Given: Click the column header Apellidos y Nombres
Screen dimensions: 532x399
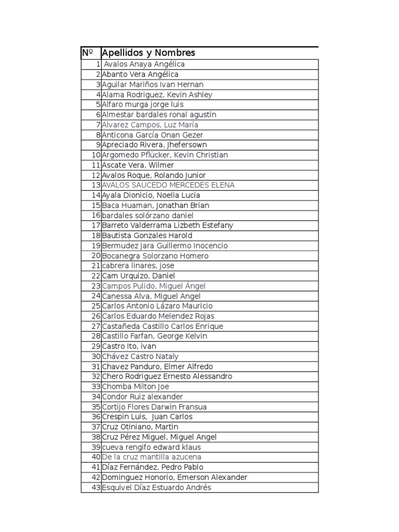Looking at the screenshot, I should coord(149,53).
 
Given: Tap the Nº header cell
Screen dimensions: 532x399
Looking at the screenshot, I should coord(87,53).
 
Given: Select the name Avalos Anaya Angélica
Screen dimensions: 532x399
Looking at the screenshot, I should coord(144,64).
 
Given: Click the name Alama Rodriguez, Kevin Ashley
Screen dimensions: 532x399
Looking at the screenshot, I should coord(157,95).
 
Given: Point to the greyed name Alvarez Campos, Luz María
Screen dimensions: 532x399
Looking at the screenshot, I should coord(150,125).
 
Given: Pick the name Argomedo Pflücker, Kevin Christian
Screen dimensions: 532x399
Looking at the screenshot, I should coord(165,155).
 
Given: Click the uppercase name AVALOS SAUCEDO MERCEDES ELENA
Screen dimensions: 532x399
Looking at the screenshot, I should coord(168,185).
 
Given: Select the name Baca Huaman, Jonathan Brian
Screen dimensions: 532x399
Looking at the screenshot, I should coord(155,205).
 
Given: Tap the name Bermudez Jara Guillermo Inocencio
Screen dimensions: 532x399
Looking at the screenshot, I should coord(165,246).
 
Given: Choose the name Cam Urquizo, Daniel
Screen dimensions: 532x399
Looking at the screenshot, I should coord(138,276).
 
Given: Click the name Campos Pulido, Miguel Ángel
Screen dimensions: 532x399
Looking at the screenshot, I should coord(154,286).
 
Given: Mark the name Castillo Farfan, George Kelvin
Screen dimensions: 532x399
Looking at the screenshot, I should coord(154,336).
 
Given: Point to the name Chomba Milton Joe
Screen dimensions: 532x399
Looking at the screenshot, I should coord(136,387).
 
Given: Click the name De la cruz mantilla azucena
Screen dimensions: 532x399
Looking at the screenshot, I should coord(152,457).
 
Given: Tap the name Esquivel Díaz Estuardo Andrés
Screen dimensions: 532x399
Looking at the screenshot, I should coord(156,487).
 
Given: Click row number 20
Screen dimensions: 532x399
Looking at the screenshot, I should coord(96,256).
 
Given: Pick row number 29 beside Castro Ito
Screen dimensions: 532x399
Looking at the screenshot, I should coord(96,347).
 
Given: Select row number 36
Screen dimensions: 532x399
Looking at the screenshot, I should coord(96,417).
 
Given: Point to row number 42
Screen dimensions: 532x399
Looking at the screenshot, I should coord(96,477).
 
